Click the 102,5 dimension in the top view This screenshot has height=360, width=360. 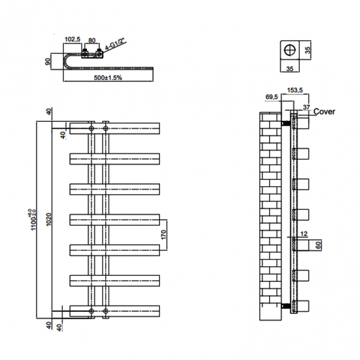73,39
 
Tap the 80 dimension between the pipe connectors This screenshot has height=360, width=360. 92,40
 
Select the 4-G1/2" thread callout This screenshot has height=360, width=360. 115,44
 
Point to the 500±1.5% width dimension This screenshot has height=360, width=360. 108,78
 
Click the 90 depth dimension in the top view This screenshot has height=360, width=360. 48,61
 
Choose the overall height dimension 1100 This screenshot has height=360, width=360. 33,220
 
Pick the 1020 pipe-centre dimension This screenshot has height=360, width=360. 49,219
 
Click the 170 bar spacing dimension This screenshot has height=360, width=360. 163,235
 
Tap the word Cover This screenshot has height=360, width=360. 324,111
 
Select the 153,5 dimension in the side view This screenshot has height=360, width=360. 295,90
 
